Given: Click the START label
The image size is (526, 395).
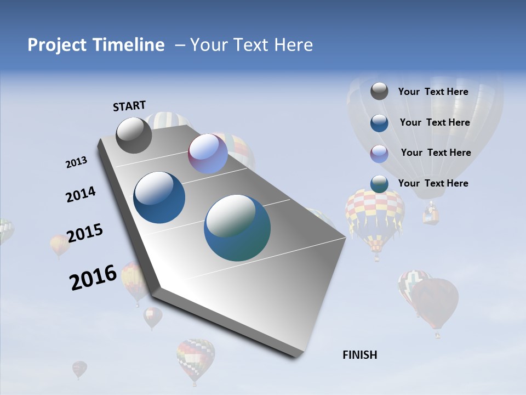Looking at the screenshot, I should [x=129, y=106].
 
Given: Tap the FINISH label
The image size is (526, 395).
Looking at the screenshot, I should [x=359, y=355].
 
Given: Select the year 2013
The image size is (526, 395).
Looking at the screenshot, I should [x=76, y=162].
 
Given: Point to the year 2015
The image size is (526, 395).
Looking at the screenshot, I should [x=84, y=233].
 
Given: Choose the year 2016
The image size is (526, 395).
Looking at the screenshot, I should [x=93, y=278].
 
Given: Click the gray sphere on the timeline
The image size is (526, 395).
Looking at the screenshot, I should [x=134, y=135].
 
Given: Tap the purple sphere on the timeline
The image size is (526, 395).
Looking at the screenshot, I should [x=208, y=154].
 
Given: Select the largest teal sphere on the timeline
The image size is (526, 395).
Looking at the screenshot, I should [x=237, y=227].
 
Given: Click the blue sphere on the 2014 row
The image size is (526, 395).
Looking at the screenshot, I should [x=159, y=198].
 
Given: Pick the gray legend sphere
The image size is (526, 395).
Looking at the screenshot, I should [x=379, y=91].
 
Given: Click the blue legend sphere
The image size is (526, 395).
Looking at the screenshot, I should [x=379, y=122].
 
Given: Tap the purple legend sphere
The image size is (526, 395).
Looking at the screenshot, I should [x=379, y=153].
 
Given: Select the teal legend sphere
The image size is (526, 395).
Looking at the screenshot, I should [x=379, y=184].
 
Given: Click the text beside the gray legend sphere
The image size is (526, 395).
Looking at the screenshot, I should [x=433, y=92].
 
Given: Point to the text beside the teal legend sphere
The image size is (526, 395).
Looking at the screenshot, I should [x=433, y=183].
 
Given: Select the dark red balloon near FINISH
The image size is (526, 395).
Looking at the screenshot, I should [x=436, y=302].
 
